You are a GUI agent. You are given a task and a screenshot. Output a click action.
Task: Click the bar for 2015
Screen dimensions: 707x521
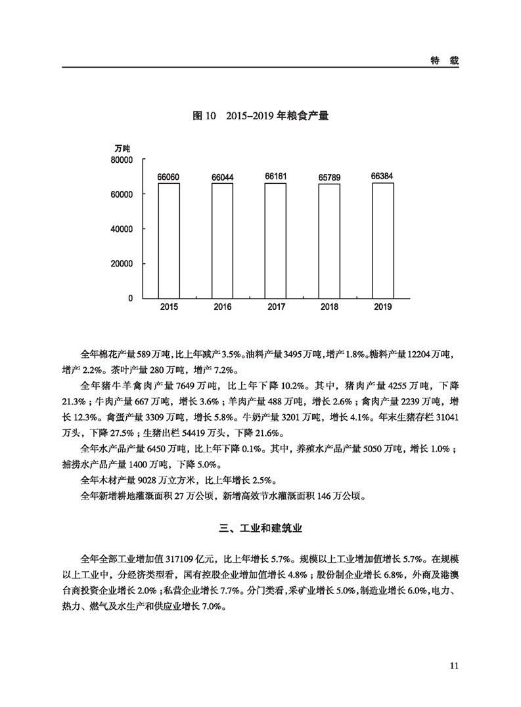(x=168, y=240)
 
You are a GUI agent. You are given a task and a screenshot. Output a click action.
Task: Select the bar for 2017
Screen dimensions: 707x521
(x=275, y=240)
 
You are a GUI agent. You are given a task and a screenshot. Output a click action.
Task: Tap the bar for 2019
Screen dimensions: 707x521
(x=383, y=240)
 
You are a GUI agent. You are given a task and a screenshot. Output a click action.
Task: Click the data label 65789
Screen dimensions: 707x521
(x=330, y=177)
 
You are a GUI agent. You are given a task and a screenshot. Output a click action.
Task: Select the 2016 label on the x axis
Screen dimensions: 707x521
(x=222, y=307)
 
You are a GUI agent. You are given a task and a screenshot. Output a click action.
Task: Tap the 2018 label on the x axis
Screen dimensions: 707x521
(x=330, y=307)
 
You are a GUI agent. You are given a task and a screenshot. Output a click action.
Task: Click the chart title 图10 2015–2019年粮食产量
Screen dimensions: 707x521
(x=260, y=116)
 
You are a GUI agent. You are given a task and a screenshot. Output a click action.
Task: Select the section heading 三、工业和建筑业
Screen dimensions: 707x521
(x=260, y=528)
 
